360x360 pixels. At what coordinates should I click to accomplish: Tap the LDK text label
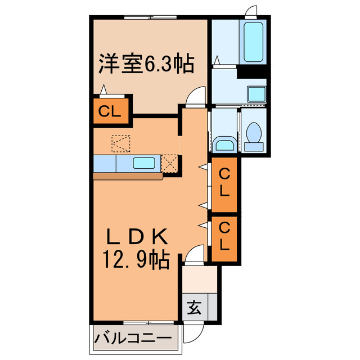pyautogui.click(x=135, y=235)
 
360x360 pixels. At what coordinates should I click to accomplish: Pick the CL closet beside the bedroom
pyautogui.click(x=110, y=111)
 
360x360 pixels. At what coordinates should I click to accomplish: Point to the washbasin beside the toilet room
pyautogui.click(x=224, y=145)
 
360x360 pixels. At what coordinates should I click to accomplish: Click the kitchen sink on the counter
pyautogui.click(x=146, y=164)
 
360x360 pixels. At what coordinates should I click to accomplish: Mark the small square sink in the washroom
pyautogui.click(x=256, y=94)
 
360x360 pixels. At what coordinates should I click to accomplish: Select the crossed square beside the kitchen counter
pyautogui.click(x=170, y=163)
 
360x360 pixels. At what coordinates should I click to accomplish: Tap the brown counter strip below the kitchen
pyautogui.click(x=128, y=177)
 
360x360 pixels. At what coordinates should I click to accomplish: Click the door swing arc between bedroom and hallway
pyautogui.click(x=197, y=97)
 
